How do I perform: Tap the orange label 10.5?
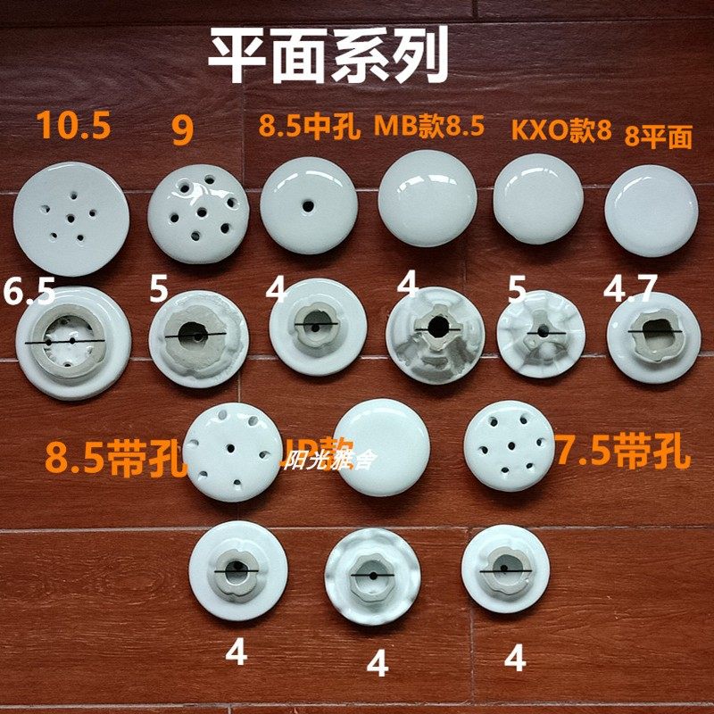click(74, 126)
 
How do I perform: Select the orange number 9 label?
click(182, 130)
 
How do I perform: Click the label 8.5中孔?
click(310, 127)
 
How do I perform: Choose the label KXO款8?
click(561, 130)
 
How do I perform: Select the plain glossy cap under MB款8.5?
click(427, 203)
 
